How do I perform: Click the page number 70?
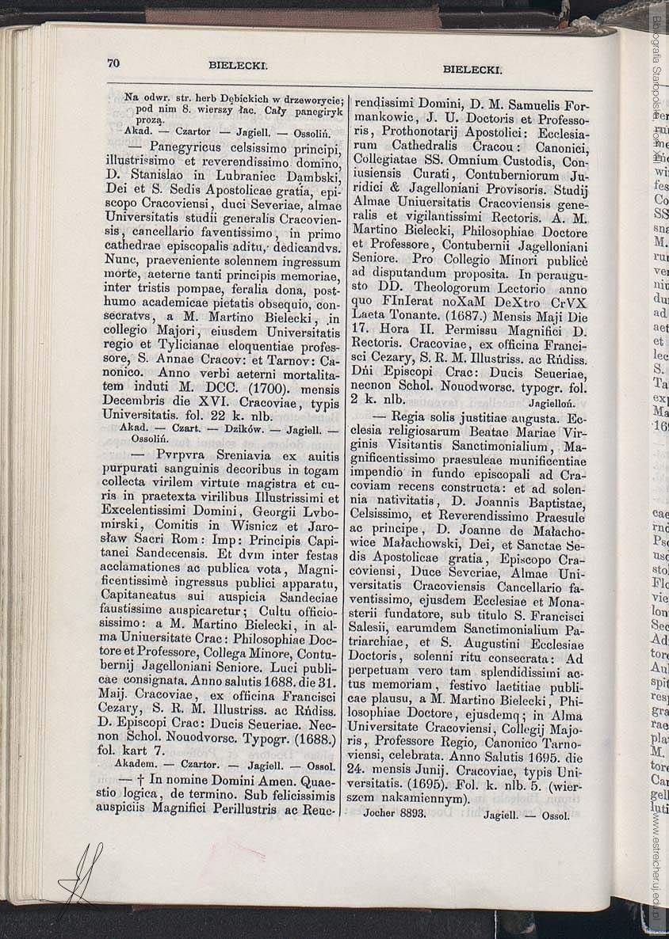click(113, 63)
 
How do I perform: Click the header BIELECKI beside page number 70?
click(239, 67)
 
